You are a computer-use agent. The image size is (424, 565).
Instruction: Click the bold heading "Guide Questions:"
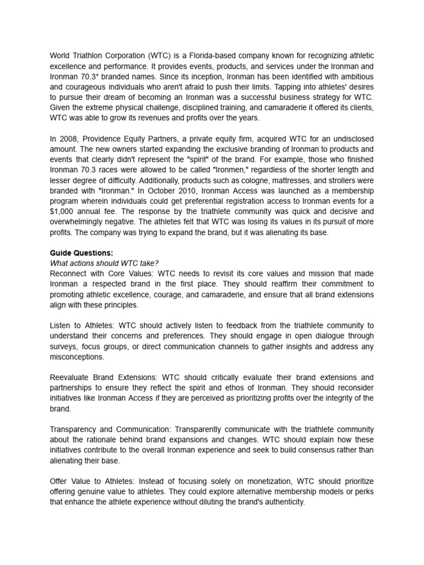pyautogui.click(x=81, y=253)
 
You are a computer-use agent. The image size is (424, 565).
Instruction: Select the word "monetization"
pyautogui.click(x=258, y=481)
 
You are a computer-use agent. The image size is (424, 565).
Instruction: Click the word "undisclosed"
pyautogui.click(x=349, y=138)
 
